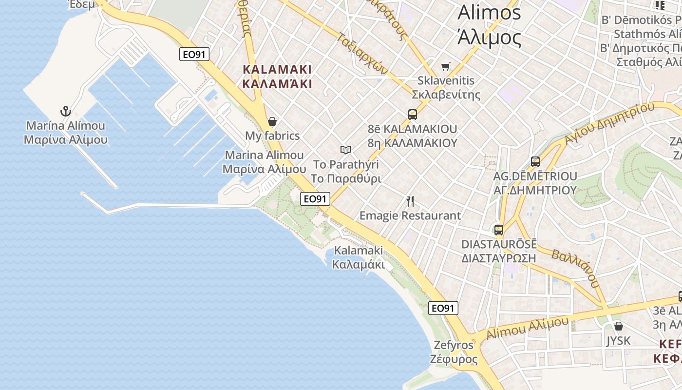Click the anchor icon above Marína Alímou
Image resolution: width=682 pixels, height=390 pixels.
[66, 111]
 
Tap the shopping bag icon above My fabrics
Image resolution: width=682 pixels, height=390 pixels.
[272, 121]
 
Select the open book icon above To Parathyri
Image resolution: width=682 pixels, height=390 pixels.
[346, 150]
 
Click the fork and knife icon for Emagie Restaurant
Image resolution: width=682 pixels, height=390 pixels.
[410, 201]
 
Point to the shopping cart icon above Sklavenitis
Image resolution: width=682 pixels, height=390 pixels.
[445, 66]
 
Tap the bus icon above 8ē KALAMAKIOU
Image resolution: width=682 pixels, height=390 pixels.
[413, 115]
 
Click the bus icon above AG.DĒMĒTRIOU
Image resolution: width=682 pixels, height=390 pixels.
[535, 162]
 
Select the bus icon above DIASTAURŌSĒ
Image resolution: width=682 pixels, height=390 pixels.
[499, 230]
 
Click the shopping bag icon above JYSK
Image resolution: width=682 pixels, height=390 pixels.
[618, 326]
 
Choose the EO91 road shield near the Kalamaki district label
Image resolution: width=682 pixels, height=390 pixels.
[194, 54]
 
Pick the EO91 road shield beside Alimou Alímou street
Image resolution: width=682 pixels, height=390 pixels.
[443, 308]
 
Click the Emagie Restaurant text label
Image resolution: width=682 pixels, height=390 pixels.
[410, 215]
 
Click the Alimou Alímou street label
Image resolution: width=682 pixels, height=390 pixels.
[527, 328]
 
